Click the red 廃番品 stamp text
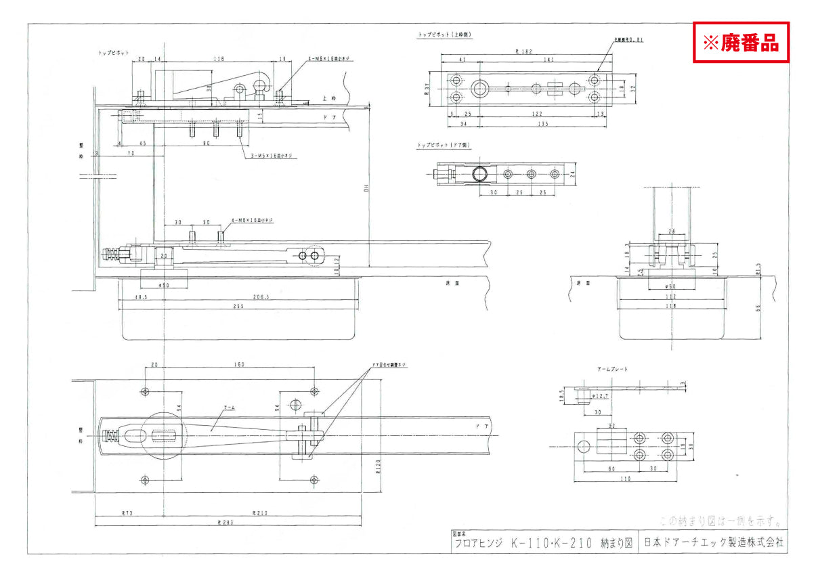point(741,43)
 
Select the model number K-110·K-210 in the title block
point(551,543)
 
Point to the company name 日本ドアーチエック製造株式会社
point(712,543)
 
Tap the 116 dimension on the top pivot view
point(218,60)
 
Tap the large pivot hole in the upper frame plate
point(481,88)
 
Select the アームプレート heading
point(612,369)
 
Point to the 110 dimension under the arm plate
point(624,479)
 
